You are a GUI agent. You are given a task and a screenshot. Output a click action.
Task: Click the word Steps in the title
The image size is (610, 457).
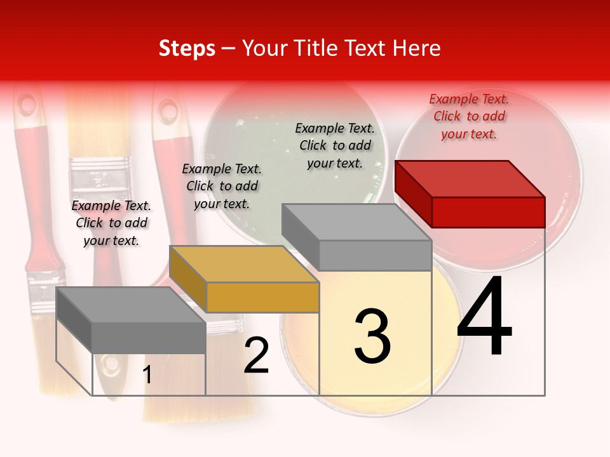coord(187,48)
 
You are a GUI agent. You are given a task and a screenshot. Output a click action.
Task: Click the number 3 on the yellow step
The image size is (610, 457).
coord(372,336)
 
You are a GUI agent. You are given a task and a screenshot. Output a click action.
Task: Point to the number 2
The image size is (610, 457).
coord(256,356)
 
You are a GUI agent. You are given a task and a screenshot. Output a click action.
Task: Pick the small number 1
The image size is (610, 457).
coord(147,375)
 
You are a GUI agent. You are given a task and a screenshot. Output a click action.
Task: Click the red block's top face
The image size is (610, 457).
coord(470,178)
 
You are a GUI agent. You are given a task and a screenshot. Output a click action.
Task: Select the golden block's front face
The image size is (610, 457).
coord(262,297)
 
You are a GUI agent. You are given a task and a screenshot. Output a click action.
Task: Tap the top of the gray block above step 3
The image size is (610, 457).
coord(356,222)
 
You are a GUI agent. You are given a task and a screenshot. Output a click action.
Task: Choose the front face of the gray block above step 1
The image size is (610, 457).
coord(149,337)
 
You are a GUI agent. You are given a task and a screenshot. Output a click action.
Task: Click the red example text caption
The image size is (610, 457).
coord(469,116)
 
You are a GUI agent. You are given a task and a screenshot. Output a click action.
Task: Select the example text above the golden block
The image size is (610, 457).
coord(222,186)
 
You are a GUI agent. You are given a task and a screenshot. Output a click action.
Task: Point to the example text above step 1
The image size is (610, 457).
coord(111,223)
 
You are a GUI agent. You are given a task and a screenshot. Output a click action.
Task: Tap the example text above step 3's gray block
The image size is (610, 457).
coord(335,145)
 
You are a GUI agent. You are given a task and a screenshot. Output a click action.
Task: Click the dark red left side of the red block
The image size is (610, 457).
coord(413,194)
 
